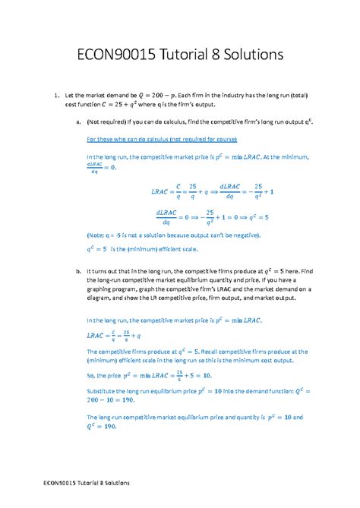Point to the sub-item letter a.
pyautogui.click(x=71, y=120)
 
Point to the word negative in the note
pyautogui.click(x=239, y=235)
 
